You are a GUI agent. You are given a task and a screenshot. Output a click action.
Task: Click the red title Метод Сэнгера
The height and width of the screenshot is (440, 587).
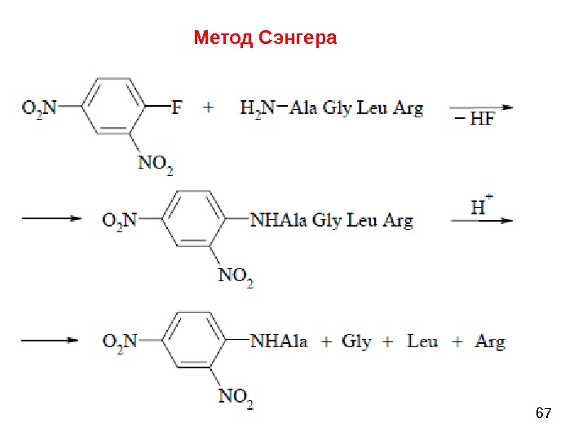tap(265, 38)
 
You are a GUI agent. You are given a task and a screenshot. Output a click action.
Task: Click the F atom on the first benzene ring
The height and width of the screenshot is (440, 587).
tap(177, 107)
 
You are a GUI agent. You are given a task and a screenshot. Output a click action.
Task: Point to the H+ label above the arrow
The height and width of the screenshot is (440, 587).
tap(483, 206)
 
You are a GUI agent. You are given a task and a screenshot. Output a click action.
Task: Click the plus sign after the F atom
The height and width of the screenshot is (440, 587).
tap(210, 107)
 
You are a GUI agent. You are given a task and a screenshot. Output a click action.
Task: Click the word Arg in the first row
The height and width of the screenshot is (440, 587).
tap(408, 108)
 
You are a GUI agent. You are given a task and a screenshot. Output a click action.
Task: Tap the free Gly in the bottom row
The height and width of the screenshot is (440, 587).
tap(356, 341)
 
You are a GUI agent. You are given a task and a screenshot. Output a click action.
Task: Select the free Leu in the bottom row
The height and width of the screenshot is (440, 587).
tap(422, 341)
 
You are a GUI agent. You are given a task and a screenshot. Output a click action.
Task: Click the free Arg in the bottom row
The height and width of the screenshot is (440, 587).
tap(489, 341)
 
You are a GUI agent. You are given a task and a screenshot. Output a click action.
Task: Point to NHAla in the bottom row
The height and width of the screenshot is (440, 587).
tap(279, 341)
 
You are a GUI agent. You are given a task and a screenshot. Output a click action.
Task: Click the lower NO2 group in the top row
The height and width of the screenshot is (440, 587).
tap(155, 163)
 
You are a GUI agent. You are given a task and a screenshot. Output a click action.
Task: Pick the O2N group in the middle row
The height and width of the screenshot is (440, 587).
tap(120, 219)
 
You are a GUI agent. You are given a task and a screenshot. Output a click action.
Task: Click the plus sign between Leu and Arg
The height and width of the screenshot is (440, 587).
tap(457, 341)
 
